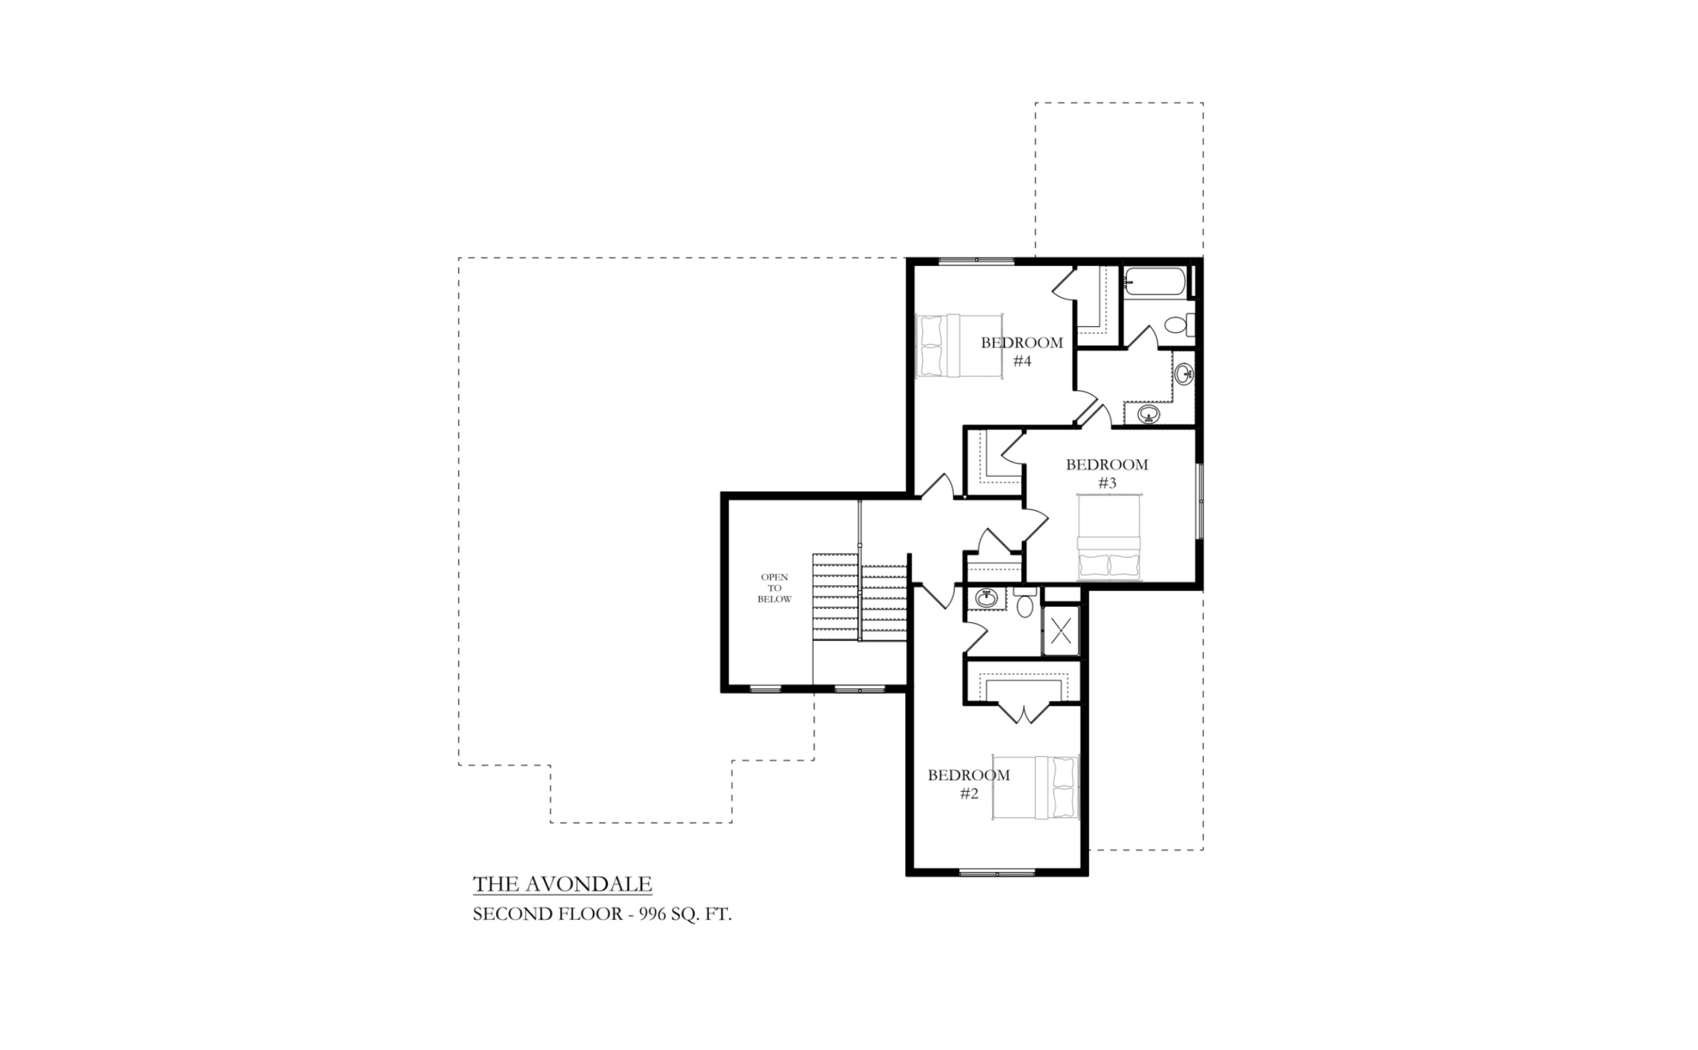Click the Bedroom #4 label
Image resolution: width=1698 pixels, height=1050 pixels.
click(x=1021, y=352)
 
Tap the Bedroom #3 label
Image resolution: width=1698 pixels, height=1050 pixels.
click(x=1107, y=474)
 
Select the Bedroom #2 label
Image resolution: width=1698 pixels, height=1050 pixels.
click(x=969, y=784)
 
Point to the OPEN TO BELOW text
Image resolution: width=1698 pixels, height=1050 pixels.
click(x=774, y=588)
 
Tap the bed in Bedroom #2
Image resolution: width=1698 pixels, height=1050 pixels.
click(x=1035, y=787)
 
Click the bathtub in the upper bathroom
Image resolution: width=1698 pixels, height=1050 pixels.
click(x=1155, y=281)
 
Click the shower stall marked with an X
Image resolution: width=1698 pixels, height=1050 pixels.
click(x=1061, y=631)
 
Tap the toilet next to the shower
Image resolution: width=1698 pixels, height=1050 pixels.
click(x=1024, y=602)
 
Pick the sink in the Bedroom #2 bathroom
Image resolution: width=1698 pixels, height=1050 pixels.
click(x=986, y=597)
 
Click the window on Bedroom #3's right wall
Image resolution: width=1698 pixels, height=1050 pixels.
click(x=1200, y=501)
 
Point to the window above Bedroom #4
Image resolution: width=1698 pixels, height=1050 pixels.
click(x=976, y=261)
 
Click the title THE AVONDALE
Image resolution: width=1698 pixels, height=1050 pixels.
click(x=562, y=884)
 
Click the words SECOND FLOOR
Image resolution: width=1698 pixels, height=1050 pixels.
click(x=547, y=914)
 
